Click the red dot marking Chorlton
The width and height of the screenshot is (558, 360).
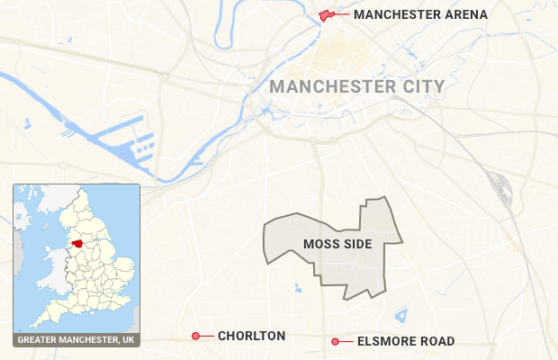[x=195, y=336]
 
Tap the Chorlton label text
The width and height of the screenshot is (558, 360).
[x=251, y=336]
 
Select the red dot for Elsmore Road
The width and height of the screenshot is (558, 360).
[x=335, y=341]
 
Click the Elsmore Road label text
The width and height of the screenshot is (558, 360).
[x=405, y=341]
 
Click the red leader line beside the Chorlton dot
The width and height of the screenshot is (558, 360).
[x=207, y=336]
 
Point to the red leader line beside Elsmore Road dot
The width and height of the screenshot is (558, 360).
[x=346, y=341]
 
